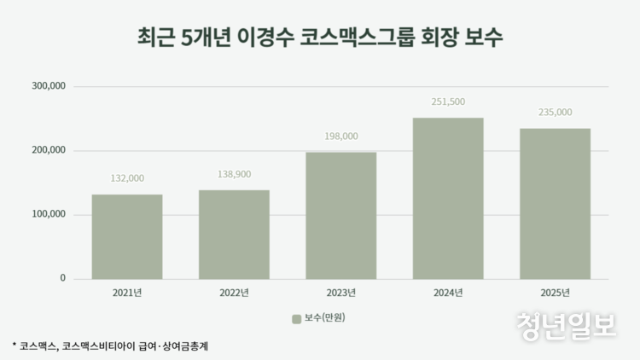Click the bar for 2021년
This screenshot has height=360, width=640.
127,236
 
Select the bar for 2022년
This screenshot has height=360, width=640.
234,234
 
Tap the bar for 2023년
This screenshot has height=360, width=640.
340,215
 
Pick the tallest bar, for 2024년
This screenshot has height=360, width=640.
448,198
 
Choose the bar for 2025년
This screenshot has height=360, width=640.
555,203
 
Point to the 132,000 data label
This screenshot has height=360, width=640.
127,178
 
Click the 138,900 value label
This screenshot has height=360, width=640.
234,173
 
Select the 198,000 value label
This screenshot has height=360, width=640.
340,136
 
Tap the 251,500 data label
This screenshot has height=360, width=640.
448,102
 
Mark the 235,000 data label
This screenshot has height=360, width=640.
555,112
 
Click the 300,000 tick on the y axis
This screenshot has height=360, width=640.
49,86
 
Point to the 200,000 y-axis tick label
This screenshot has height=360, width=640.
49,150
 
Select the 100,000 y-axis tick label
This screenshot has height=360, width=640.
49,214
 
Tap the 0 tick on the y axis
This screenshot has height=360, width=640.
62,278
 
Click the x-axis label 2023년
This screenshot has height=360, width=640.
340,293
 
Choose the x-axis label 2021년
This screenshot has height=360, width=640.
127,293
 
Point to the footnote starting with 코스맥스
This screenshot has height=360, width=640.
110,345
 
